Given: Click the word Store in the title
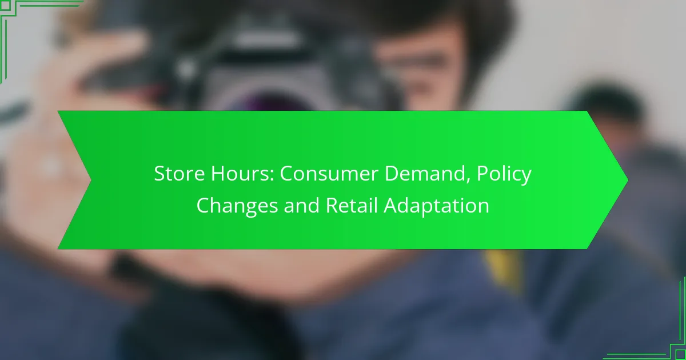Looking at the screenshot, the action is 179,173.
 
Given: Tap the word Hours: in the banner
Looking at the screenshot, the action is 242,173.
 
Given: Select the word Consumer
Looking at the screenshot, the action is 329,173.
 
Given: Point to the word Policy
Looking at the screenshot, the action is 504,174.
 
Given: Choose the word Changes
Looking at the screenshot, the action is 237,206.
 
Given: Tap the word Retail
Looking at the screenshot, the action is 351,205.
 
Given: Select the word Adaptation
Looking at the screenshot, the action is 436,206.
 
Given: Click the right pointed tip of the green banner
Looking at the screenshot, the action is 628,180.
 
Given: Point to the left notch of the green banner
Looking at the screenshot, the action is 91,180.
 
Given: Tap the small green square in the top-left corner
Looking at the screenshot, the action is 5,5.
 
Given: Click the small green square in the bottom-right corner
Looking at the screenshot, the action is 681,355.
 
